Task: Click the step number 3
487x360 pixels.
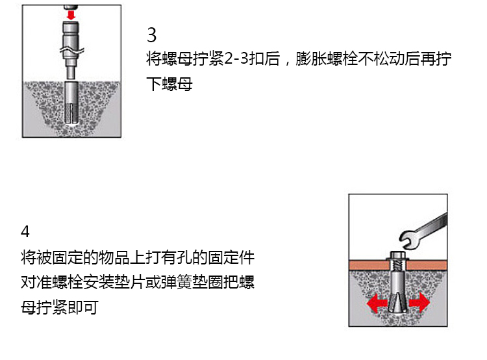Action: coord(151,35)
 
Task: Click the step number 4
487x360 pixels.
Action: coord(25,231)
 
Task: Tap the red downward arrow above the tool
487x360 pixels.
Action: coord(71,14)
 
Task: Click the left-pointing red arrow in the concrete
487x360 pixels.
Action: coord(377,303)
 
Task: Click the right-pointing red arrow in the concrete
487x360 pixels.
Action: coord(419,302)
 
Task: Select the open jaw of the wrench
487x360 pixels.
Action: coord(406,239)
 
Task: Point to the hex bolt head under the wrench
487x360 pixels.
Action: coord(397,256)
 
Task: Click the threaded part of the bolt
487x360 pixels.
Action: coord(398,266)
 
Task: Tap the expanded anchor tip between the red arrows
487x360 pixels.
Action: coord(398,303)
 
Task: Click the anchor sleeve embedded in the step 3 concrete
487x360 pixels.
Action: coord(71,103)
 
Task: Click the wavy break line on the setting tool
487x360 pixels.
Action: coord(72,50)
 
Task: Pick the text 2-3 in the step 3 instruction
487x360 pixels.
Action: coord(236,58)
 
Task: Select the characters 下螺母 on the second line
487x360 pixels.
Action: coord(169,84)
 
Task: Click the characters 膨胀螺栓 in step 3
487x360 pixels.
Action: coord(327,58)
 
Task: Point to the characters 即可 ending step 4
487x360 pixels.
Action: coord(83,307)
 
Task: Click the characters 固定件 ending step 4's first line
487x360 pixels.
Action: coord(231,257)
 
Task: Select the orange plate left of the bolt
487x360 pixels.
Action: coord(369,265)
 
